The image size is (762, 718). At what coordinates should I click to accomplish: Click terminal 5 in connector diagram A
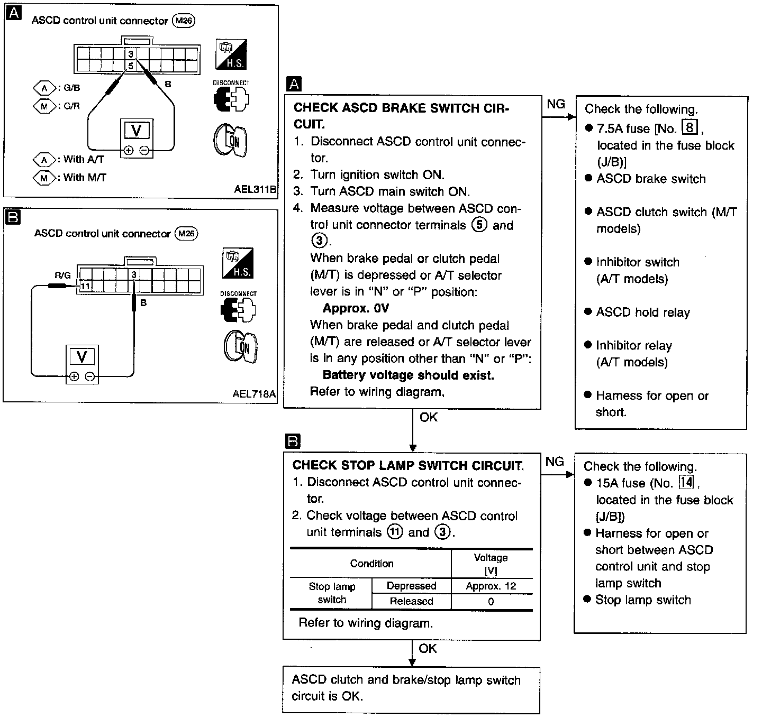pos(131,66)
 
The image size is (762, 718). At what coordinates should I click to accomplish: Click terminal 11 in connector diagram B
pos(85,286)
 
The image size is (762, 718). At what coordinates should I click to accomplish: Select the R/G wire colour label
pos(62,275)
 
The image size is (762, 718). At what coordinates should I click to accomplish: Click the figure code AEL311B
pos(255,189)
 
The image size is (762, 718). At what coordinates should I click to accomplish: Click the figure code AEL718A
pos(254,394)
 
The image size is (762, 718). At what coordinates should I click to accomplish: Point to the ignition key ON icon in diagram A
pos(230,140)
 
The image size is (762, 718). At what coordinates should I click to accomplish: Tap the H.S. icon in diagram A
pos(231,54)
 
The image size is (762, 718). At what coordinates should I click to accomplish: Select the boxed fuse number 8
pos(690,127)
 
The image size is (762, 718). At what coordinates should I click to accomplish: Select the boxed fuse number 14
pos(686,482)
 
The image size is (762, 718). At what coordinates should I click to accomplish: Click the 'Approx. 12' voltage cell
pos(491,586)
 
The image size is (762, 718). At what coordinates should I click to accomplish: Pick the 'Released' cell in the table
pos(411,601)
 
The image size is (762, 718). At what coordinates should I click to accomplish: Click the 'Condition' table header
pos(371,564)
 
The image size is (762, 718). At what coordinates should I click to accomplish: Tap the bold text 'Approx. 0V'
pos(356,308)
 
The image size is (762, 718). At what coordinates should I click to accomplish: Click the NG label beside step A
pos(556,104)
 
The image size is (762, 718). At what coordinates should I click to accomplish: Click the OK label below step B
pos(428,649)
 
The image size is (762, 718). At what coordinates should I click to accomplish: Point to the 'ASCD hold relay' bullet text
pos(643,312)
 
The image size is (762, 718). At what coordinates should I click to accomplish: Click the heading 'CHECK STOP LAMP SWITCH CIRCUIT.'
pos(408,465)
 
